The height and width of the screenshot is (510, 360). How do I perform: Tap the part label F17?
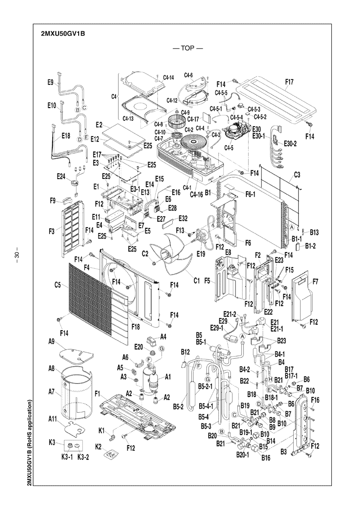289,82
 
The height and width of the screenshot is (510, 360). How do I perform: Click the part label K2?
98,447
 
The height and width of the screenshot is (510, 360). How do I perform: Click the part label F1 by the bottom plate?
97,394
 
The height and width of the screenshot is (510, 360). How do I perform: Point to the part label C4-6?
188,75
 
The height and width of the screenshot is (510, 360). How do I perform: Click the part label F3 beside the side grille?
52,232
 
